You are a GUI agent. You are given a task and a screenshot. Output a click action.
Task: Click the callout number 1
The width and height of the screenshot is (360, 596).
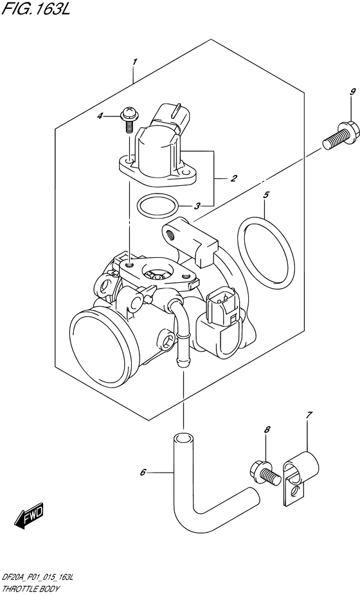[135, 62]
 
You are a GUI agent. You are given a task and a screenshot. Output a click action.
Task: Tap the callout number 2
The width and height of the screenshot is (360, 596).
[235, 178]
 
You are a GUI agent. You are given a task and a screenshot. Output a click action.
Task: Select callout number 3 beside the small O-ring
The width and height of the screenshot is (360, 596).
[198, 206]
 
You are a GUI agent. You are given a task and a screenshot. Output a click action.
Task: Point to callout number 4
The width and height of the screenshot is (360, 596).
[118, 116]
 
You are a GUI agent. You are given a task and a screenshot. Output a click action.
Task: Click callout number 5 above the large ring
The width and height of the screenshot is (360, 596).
[265, 194]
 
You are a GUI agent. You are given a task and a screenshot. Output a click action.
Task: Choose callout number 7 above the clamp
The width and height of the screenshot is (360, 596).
[309, 415]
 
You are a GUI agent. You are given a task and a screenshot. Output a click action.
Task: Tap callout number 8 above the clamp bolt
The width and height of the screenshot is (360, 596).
[266, 430]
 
